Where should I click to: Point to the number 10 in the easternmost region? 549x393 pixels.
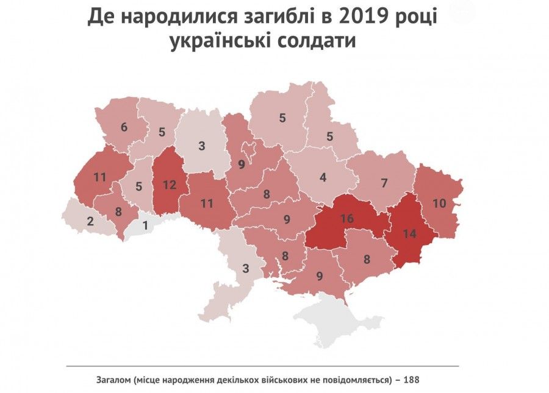[440, 202]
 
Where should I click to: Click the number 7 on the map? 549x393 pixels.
[384, 183]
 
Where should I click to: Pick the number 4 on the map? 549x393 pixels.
[323, 179]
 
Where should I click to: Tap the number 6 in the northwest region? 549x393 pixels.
[124, 127]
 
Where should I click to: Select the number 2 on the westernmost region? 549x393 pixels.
[90, 221]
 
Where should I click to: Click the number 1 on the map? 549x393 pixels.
[145, 225]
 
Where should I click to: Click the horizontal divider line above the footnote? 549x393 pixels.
[262, 366]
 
